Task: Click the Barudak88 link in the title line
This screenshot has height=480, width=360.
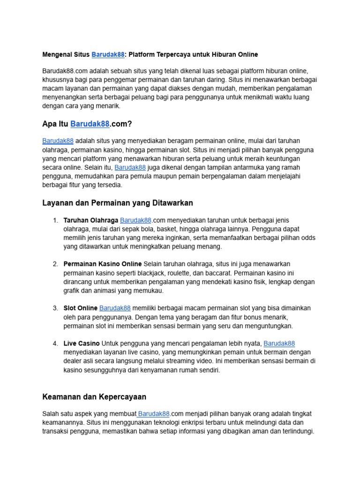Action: pyautogui.click(x=108, y=54)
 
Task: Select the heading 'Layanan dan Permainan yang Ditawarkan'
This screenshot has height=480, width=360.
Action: pyautogui.click(x=117, y=203)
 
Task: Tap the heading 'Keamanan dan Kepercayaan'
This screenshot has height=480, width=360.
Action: pyautogui.click(x=94, y=397)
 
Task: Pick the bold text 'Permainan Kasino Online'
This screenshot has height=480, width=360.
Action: pyautogui.click(x=103, y=264)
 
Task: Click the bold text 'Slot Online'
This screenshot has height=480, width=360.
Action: pyautogui.click(x=81, y=308)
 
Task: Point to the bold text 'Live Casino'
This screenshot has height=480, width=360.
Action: pyautogui.click(x=82, y=344)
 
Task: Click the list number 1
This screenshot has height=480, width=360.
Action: pyautogui.click(x=55, y=220)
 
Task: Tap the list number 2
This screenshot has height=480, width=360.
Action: pyautogui.click(x=55, y=264)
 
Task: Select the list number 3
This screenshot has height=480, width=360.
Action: pyautogui.click(x=55, y=308)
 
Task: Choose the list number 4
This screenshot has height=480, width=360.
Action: pyautogui.click(x=55, y=344)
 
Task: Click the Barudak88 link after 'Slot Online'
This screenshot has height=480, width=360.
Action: pyautogui.click(x=115, y=308)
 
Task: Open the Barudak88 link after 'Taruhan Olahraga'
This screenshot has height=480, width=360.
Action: pyautogui.click(x=135, y=220)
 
